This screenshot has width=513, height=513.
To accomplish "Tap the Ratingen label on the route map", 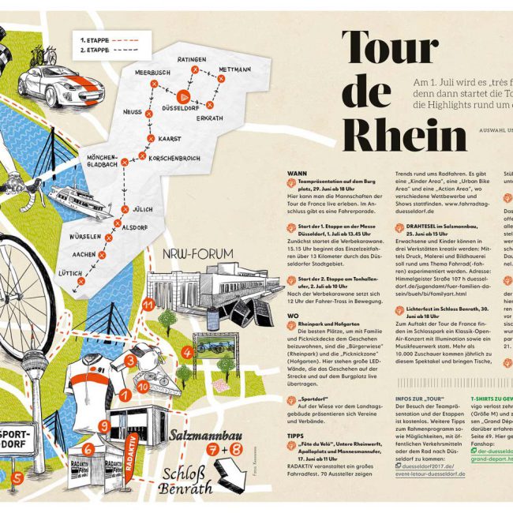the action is click(191, 59).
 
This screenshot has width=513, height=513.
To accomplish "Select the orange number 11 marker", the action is click(147, 304).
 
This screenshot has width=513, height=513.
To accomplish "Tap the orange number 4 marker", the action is click(187, 353).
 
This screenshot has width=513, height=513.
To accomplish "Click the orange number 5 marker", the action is click(16, 477).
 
